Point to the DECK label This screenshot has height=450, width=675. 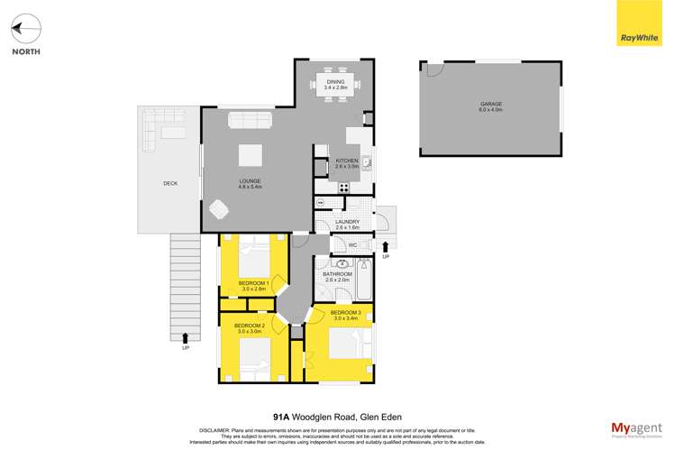tap(170, 183)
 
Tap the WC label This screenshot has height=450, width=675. tap(353, 244)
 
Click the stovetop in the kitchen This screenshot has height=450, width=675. tap(343, 188)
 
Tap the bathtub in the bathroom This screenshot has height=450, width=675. tap(364, 280)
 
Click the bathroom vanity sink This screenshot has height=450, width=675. tap(342, 264)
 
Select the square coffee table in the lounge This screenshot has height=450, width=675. tap(251, 155)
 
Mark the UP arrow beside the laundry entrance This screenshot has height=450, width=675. tap(386, 246)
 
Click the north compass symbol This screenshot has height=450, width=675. tap(25, 30)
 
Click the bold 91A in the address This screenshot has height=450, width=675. tap(281, 418)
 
